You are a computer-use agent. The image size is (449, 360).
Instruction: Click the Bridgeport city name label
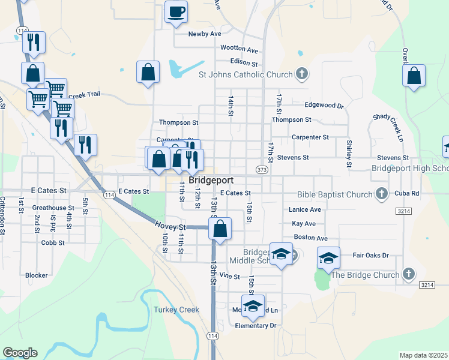(211, 180)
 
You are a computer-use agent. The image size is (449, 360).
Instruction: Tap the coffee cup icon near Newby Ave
(176, 13)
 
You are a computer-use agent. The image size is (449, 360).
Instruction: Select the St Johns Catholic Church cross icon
(302, 74)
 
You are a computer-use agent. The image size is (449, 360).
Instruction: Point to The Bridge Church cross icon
(408, 274)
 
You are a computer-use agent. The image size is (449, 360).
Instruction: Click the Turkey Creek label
(176, 310)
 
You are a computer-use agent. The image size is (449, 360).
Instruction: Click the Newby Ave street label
(205, 34)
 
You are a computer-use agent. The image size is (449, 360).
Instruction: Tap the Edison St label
(244, 62)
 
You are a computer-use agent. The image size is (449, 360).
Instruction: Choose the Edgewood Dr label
(324, 105)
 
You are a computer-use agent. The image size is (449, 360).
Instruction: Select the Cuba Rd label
(406, 193)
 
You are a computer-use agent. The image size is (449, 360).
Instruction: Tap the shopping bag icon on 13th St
(220, 229)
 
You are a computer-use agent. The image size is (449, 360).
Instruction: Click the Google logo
(20, 353)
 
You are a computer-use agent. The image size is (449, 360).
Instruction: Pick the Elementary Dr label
(255, 325)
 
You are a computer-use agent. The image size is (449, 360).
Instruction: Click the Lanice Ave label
(305, 209)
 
